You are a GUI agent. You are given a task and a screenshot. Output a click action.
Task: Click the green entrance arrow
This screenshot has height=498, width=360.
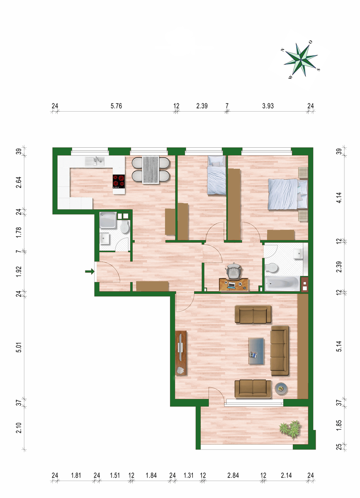(90, 271)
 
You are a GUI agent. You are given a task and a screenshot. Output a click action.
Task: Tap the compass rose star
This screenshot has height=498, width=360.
(301, 60)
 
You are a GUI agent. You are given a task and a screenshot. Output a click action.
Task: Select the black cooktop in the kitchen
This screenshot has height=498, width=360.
(119, 181)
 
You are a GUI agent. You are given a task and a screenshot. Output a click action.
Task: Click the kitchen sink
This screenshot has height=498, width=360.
(95, 161)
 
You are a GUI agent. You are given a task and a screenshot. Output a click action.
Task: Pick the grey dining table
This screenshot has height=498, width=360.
(151, 170)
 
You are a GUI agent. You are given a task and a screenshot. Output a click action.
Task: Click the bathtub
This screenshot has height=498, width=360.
(282, 283)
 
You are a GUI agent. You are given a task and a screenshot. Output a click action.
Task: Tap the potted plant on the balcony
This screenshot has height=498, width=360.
(291, 429)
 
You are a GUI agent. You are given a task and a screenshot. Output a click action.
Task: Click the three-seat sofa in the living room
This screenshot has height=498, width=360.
(280, 351)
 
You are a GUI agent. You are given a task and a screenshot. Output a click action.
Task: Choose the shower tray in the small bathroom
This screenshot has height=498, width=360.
(108, 220)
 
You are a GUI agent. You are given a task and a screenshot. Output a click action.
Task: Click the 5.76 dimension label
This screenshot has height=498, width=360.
(116, 106)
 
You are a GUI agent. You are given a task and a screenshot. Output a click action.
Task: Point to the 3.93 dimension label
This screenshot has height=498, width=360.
(268, 106)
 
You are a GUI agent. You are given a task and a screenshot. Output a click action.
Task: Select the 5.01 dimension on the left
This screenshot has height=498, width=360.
(19, 347)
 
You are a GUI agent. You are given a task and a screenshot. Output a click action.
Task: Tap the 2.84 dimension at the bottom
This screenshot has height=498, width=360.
(233, 475)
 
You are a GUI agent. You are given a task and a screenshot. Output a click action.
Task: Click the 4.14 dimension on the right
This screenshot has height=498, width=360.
(339, 198)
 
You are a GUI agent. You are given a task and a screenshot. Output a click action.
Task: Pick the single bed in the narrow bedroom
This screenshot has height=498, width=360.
(216, 176)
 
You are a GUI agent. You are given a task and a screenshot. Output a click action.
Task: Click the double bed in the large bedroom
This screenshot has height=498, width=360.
(288, 195)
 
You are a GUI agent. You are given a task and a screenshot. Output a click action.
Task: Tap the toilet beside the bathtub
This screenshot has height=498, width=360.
(272, 268)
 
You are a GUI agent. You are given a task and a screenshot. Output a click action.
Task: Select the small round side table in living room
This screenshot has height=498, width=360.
(281, 388)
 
